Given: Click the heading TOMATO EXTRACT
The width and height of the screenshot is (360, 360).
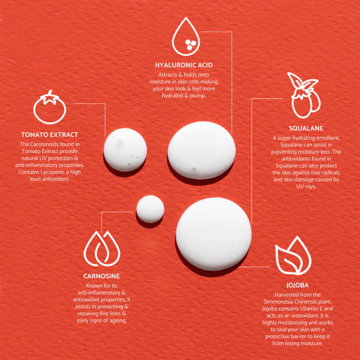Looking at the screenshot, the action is [x=50, y=135].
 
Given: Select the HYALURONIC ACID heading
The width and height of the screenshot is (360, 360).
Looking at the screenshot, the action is [x=184, y=65].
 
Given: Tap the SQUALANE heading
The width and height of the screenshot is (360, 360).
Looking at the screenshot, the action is [x=306, y=128].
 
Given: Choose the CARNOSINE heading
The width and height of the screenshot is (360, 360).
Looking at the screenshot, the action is [x=101, y=276].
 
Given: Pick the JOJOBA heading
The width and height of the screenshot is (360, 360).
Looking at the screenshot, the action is [x=298, y=286].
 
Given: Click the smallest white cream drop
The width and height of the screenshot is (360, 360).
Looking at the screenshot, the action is [x=150, y=209].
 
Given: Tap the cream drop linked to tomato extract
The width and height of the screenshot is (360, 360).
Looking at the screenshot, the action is [x=125, y=150].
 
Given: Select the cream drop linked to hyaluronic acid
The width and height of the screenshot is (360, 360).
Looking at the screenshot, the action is [x=202, y=151].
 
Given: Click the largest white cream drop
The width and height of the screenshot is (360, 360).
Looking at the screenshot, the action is [x=214, y=234].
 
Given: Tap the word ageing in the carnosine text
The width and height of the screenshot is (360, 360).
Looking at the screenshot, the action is [x=118, y=321].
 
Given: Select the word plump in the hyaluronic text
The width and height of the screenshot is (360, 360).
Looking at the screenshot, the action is [x=197, y=96].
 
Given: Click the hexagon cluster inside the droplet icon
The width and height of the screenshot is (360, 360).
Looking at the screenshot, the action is [x=190, y=44].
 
